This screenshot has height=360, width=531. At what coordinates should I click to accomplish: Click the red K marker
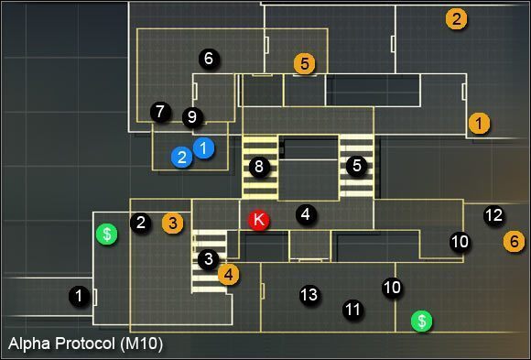(258, 220)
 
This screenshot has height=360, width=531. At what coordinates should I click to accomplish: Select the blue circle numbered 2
(182, 158)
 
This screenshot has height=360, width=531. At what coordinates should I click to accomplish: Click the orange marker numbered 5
(305, 63)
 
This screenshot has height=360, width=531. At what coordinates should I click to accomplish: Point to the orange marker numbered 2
(456, 17)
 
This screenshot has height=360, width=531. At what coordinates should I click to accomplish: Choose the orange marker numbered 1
(478, 122)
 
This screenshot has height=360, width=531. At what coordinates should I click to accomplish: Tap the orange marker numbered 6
(515, 241)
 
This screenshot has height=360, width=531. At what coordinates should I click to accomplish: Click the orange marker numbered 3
(172, 222)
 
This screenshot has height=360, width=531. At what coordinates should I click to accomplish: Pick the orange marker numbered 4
(229, 272)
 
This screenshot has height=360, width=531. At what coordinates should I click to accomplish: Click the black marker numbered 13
(309, 295)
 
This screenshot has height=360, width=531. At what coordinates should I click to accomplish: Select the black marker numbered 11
(352, 310)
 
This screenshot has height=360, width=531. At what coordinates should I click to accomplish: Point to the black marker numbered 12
(493, 215)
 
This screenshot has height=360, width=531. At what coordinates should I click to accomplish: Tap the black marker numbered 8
(259, 167)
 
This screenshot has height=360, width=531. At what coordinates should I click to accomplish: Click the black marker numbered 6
(209, 59)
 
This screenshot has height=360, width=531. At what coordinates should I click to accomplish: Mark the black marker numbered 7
(160, 112)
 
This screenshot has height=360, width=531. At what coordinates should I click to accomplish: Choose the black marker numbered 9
(191, 116)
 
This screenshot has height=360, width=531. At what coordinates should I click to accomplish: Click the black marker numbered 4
(306, 214)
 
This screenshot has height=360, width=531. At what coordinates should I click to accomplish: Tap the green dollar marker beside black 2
(107, 234)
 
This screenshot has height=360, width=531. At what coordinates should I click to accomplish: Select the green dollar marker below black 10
(421, 321)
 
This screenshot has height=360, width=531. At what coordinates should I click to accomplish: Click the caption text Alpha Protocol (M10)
(85, 344)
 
